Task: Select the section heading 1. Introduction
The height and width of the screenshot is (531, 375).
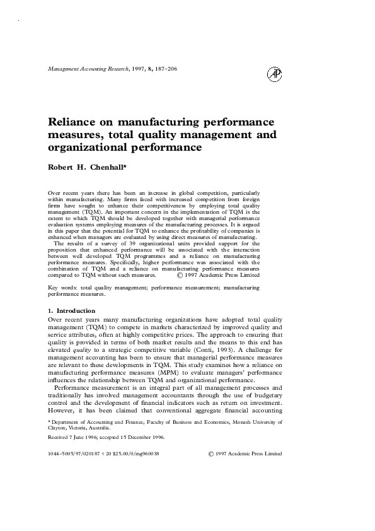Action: (x=72, y=310)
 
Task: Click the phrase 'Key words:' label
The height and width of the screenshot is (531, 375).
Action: (x=62, y=287)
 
